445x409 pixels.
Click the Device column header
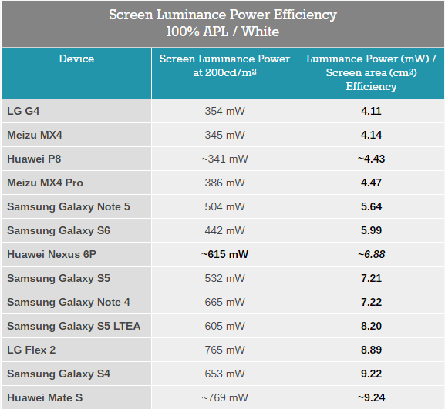click(x=76, y=59)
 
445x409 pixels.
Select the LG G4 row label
click(x=23, y=111)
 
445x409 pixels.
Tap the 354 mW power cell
click(x=224, y=111)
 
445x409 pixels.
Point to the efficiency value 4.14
click(x=371, y=135)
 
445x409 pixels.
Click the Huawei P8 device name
click(x=34, y=159)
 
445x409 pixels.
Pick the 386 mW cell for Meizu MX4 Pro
click(x=224, y=183)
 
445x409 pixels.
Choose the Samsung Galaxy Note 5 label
click(x=69, y=206)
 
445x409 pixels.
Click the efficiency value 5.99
click(x=371, y=230)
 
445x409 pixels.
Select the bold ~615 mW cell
click(x=224, y=254)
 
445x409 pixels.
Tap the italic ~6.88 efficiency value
click(x=371, y=254)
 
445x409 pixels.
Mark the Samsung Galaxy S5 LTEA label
click(x=74, y=326)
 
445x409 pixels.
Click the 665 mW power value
click(x=224, y=302)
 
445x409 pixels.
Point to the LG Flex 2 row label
click(x=31, y=350)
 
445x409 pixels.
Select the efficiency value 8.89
click(x=371, y=350)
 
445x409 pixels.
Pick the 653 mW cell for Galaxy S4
click(x=224, y=374)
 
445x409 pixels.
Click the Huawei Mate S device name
click(x=45, y=397)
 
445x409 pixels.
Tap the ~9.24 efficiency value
click(x=371, y=397)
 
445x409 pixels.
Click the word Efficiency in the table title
click(x=305, y=15)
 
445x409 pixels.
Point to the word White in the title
click(x=260, y=31)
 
